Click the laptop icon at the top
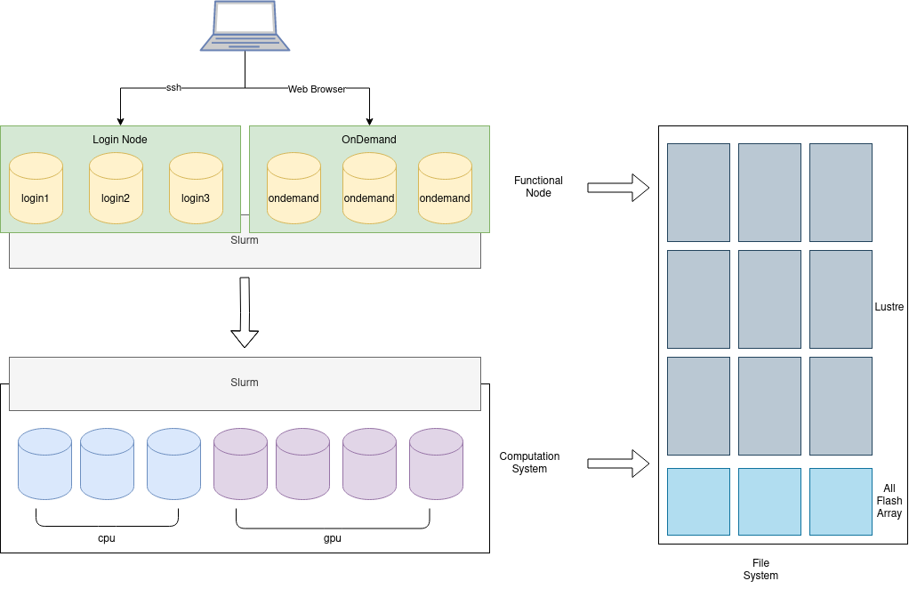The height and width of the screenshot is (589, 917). coord(245,26)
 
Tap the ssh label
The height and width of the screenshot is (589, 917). coord(173,88)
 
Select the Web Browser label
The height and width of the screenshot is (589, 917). coord(317,89)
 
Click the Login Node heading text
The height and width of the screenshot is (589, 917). coord(120,140)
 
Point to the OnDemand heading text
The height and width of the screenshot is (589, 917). coord(369,140)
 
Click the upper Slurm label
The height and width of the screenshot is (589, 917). coord(245,240)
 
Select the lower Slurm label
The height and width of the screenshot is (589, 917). coord(245,383)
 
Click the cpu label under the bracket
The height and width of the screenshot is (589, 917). coord(107,538)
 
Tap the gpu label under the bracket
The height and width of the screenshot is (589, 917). coord(333,538)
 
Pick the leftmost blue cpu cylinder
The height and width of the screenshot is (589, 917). coord(44,464)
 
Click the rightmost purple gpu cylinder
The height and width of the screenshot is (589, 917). coord(436,464)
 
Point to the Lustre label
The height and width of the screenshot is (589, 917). coord(889,307)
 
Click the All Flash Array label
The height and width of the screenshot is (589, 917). coord(889,501)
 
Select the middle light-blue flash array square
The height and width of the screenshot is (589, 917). coord(769,502)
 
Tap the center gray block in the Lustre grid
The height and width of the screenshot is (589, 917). coord(769,299)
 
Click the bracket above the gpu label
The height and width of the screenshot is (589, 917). coord(333,525)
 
